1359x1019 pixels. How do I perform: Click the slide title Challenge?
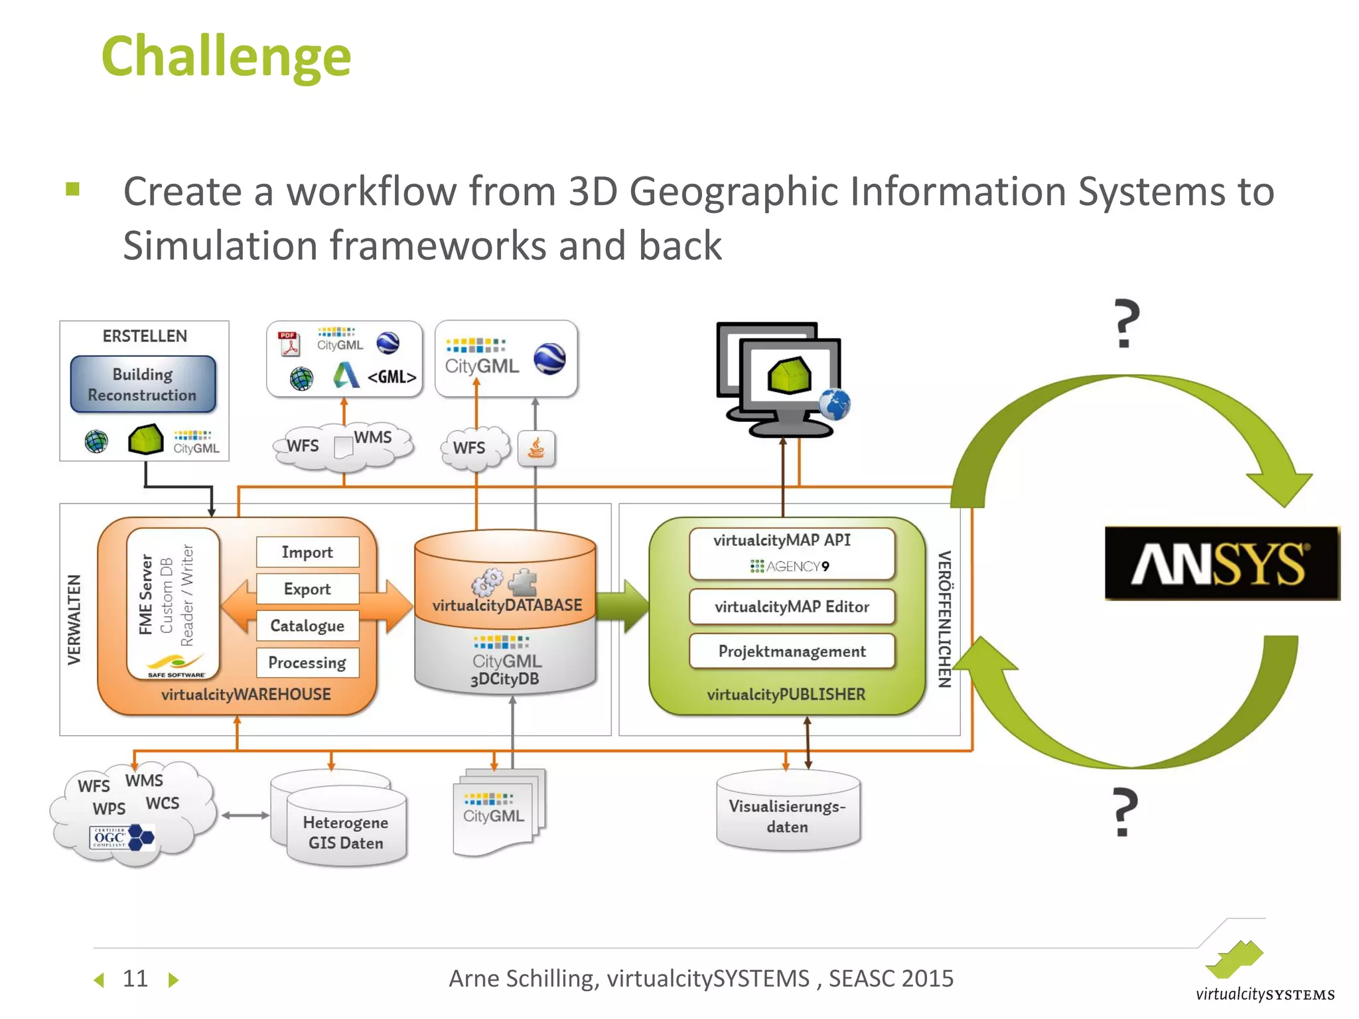click(226, 57)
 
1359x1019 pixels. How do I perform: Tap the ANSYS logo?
click(1221, 563)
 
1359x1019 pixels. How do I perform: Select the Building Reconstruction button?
click(143, 385)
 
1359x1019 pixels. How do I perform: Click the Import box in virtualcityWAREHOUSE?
click(307, 552)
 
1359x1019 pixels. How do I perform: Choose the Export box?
click(307, 589)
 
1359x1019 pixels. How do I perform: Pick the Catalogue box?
click(307, 626)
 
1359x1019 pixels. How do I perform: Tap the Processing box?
click(307, 663)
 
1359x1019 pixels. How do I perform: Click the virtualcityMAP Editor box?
click(792, 606)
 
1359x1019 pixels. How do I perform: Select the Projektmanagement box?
click(792, 651)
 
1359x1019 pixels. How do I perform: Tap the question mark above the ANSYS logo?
click(1126, 324)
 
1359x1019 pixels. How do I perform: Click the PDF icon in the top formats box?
click(289, 343)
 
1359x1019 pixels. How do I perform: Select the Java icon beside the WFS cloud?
click(536, 449)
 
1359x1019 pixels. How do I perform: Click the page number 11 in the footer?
click(135, 979)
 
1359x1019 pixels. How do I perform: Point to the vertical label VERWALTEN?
click(74, 619)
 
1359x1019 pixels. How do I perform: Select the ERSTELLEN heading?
click(145, 336)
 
